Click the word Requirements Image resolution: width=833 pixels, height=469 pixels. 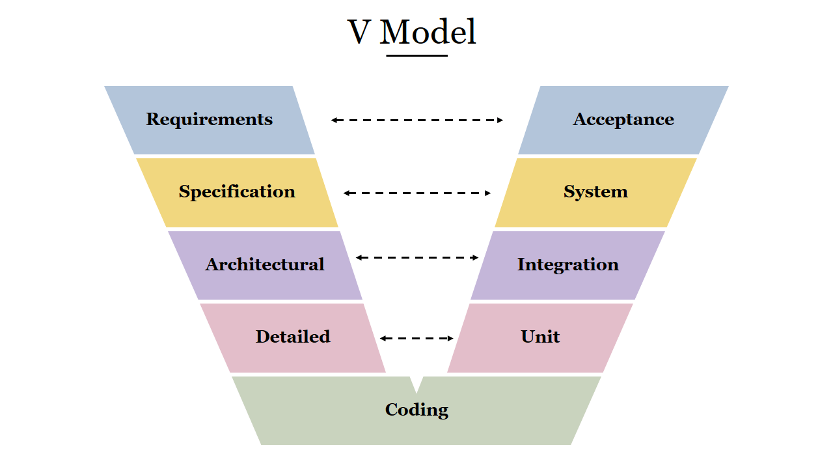pyautogui.click(x=209, y=120)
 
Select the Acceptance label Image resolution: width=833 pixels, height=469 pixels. pyautogui.click(x=623, y=120)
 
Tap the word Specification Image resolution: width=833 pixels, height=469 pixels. pyautogui.click(x=237, y=192)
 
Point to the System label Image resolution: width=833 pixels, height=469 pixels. pyautogui.click(x=595, y=192)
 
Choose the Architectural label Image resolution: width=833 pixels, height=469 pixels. pyautogui.click(x=265, y=264)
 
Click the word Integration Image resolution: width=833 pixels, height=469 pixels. pyautogui.click(x=567, y=264)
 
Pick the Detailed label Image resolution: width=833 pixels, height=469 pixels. pyautogui.click(x=293, y=337)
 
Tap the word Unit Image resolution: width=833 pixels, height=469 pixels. pyautogui.click(x=540, y=337)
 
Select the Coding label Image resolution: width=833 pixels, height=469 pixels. pyautogui.click(x=416, y=410)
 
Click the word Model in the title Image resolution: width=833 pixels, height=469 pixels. pyautogui.click(x=428, y=32)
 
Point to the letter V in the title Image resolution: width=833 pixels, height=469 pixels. pyautogui.click(x=359, y=33)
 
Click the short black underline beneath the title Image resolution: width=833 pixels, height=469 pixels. pyautogui.click(x=416, y=55)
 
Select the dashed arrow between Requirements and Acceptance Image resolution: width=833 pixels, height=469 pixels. pyautogui.click(x=416, y=120)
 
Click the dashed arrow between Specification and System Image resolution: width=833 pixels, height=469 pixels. pyautogui.click(x=416, y=193)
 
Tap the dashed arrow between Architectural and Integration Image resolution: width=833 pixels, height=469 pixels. pyautogui.click(x=416, y=257)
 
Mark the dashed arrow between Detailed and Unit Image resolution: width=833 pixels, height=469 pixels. pyautogui.click(x=416, y=338)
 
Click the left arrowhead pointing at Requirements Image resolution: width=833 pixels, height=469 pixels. pyautogui.click(x=334, y=120)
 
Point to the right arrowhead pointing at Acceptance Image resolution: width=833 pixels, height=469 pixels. pyautogui.click(x=500, y=120)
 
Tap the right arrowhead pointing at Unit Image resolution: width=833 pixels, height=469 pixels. pyautogui.click(x=450, y=338)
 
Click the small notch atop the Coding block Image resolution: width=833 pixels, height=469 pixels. pyautogui.click(x=416, y=384)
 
